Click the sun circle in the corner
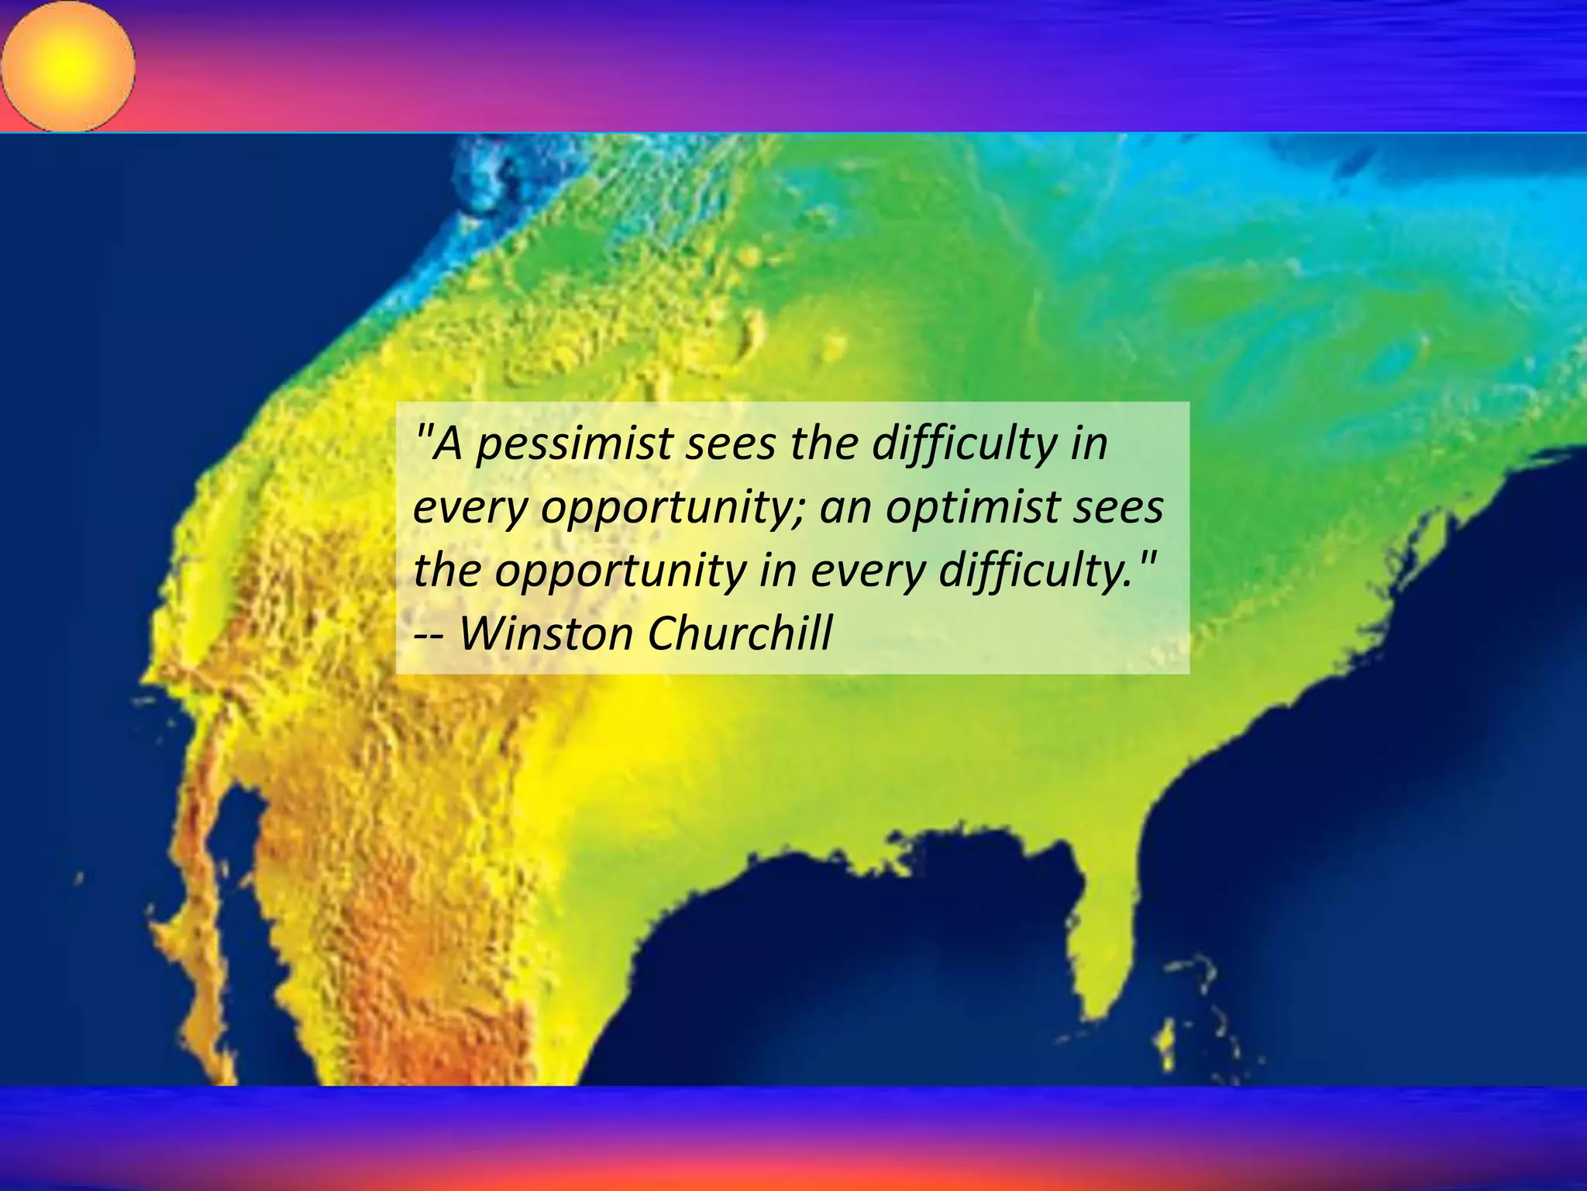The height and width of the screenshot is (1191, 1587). point(68,66)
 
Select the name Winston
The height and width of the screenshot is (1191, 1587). point(547,633)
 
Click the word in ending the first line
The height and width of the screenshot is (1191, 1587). point(1089,444)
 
